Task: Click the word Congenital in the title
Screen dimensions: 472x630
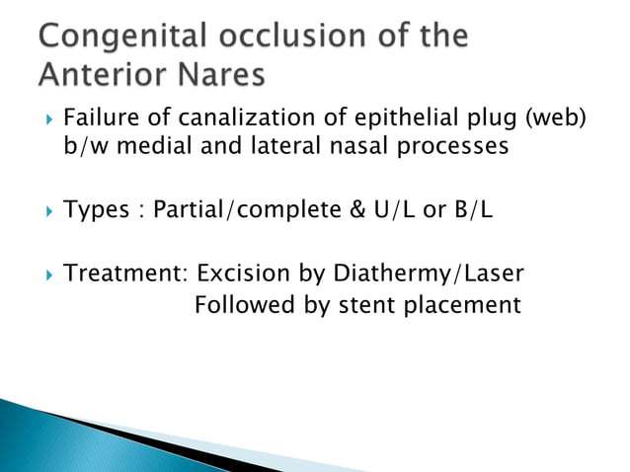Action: [x=119, y=39]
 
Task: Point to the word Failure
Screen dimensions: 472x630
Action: [x=100, y=120]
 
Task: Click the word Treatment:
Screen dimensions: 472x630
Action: [x=124, y=273]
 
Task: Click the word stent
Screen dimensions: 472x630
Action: [x=368, y=305]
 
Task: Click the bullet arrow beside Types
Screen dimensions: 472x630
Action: [x=43, y=209]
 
